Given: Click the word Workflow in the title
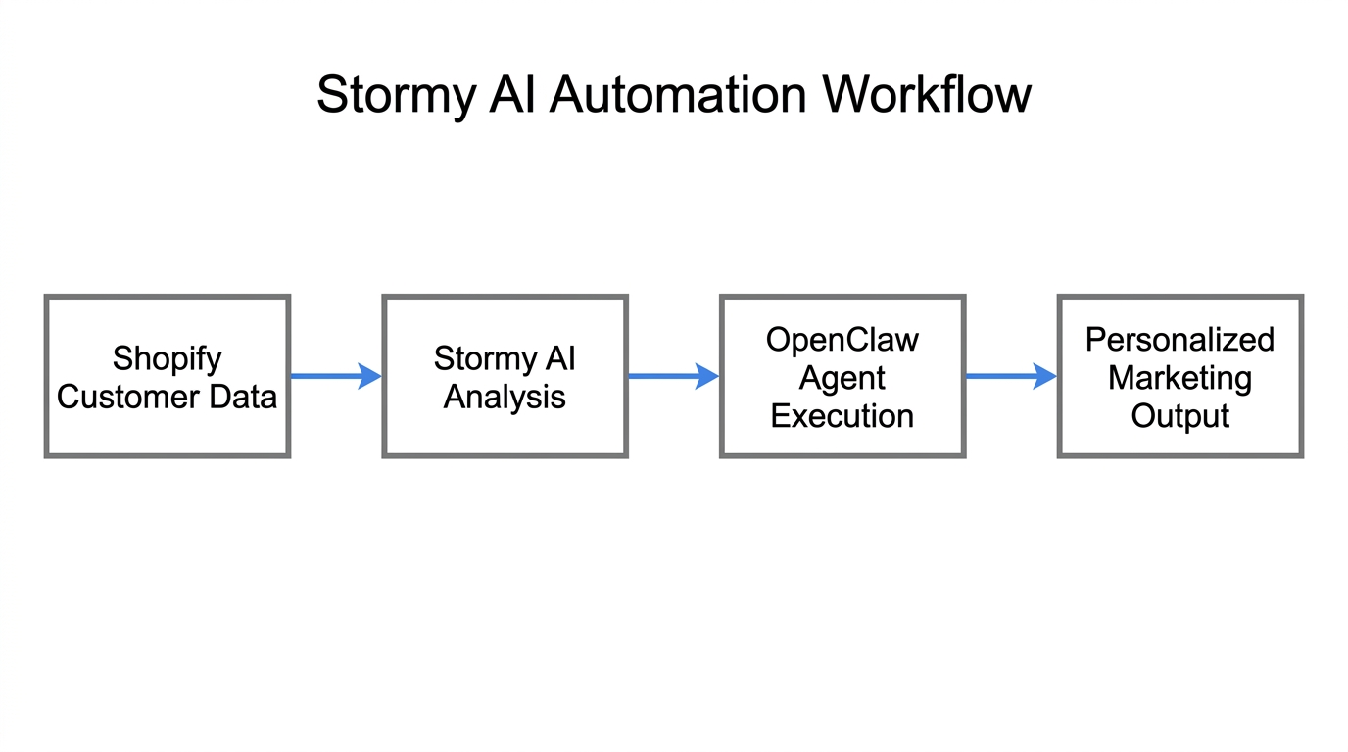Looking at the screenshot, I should [x=927, y=96].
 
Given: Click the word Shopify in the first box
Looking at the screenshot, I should [x=167, y=358].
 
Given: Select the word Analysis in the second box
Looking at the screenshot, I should [x=505, y=397].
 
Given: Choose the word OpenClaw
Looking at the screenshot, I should [x=842, y=340].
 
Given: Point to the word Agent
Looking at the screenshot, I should [x=842, y=378].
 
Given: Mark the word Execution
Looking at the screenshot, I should [x=842, y=416].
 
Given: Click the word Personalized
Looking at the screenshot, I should [x=1179, y=340].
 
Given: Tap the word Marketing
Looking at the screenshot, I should [x=1179, y=378].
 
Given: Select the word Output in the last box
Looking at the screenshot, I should [x=1179, y=416].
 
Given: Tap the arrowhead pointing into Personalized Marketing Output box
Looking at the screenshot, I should [x=1045, y=375].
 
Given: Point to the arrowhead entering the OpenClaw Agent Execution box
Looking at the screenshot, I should [x=707, y=375].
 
